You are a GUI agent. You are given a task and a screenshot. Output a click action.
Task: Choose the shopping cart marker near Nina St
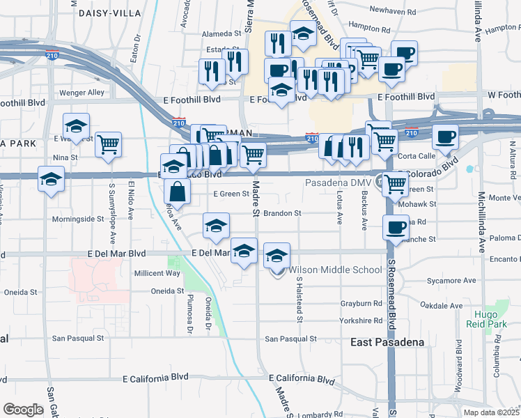pos(109,145)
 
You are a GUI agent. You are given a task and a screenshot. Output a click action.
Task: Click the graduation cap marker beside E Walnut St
pos(77,126)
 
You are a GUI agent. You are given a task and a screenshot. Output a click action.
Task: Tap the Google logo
pos(23,410)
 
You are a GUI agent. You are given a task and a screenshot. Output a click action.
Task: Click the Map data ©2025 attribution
pos(492,412)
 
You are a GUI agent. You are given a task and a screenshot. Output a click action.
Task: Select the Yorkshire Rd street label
pos(361,321)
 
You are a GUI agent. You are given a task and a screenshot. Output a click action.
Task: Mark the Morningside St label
pos(83,219)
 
